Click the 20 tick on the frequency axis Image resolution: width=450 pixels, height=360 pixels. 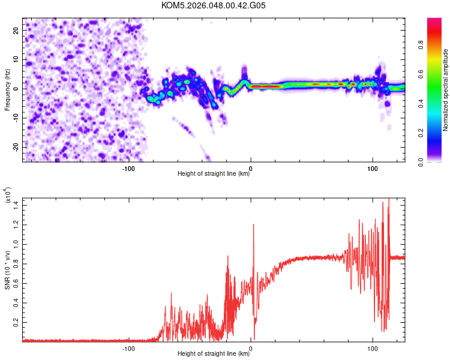tap(17, 29)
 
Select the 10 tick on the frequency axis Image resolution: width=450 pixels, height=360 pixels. tap(17, 59)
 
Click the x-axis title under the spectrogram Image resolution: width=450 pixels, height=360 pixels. tap(214, 174)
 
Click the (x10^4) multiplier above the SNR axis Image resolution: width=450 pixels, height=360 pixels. tap(8, 196)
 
